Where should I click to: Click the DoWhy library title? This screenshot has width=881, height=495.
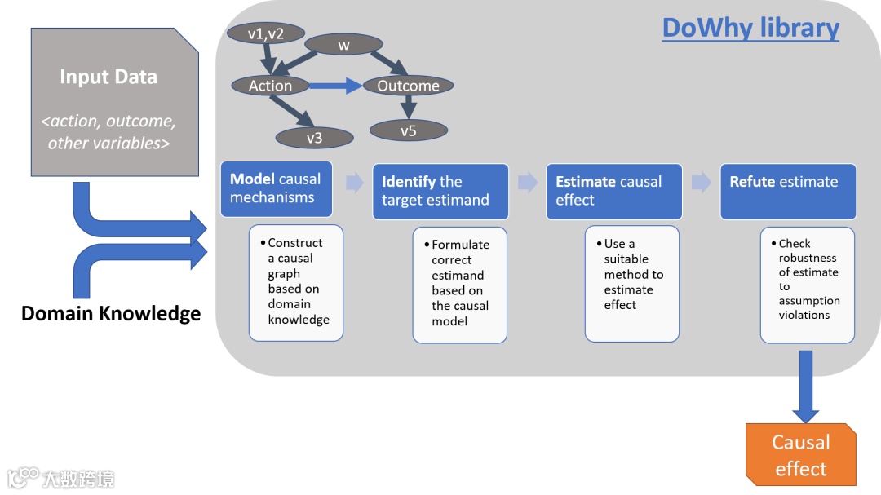point(750,28)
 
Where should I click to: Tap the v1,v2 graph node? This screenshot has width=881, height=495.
point(266,33)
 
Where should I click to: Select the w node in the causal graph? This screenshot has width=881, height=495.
point(344,45)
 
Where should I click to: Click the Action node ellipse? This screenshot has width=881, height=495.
point(270,86)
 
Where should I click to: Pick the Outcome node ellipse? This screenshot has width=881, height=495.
point(409,86)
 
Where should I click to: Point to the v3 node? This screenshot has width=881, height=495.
point(315,138)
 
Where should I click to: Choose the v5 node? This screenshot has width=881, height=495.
point(409,131)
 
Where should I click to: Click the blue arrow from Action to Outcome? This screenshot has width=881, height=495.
point(336,86)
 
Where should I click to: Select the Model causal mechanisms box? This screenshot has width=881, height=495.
point(277,189)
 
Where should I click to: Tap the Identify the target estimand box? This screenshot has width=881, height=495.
point(440,191)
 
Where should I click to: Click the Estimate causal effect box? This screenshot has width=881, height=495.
point(614,191)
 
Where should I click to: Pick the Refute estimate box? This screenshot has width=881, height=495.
point(788,191)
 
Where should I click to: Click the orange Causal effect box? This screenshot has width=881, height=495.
point(801,454)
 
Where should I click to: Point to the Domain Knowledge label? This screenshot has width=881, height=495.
point(111,313)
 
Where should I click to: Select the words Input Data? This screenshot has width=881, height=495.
point(108,77)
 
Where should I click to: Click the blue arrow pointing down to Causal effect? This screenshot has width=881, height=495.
point(806,387)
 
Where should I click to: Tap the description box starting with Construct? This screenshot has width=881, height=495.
point(296,283)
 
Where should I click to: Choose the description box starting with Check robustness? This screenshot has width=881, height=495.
point(808,285)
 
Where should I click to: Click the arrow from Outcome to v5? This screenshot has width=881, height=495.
point(409,107)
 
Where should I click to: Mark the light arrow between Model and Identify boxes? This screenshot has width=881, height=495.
point(355,183)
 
